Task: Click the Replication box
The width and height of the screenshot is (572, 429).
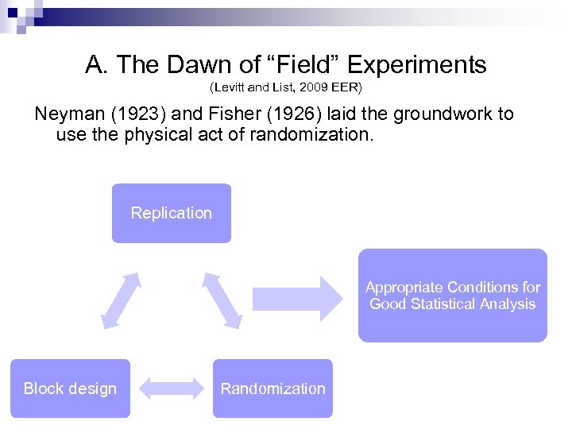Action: pos(172,213)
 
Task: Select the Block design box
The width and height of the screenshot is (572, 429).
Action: pos(70,388)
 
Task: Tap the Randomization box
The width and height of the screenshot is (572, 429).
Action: pos(272,388)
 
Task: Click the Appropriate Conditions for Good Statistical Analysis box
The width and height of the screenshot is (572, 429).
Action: pos(452,296)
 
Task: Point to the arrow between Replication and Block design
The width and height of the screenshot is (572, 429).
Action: pos(121,300)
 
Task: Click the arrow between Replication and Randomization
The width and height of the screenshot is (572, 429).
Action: pos(222,300)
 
